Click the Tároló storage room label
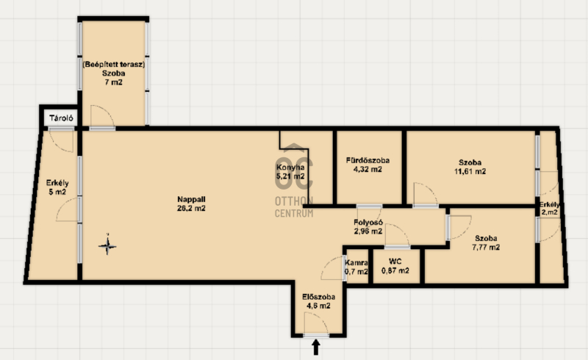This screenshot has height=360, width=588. click(61, 118)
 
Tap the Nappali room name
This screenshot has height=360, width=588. click(191, 200)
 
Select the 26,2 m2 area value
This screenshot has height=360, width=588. click(191, 209)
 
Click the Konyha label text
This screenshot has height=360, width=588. click(290, 168)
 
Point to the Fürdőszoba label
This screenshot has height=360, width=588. click(367, 160)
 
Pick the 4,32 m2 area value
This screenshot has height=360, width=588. click(367, 170)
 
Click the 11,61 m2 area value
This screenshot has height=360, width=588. click(470, 172)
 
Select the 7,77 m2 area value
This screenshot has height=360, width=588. click(486, 248)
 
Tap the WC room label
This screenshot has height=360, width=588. click(395, 262)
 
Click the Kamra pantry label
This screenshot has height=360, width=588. click(356, 263)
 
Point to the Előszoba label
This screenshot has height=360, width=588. click(319, 297)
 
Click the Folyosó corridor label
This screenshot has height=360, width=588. click(368, 223)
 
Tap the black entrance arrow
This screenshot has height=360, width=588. click(316, 347)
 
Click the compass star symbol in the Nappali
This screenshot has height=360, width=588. click(107, 246)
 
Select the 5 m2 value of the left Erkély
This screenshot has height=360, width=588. click(57, 192)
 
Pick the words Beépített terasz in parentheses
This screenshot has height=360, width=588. click(114, 65)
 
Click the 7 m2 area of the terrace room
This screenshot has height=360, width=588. click(114, 82)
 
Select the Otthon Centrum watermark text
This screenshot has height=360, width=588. click(294, 207)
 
